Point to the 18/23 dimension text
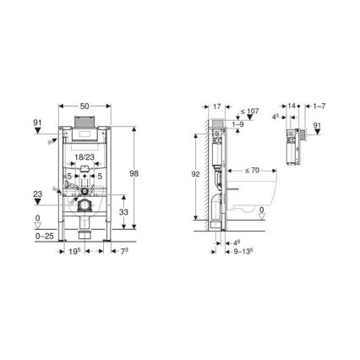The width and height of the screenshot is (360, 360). coord(83,157)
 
